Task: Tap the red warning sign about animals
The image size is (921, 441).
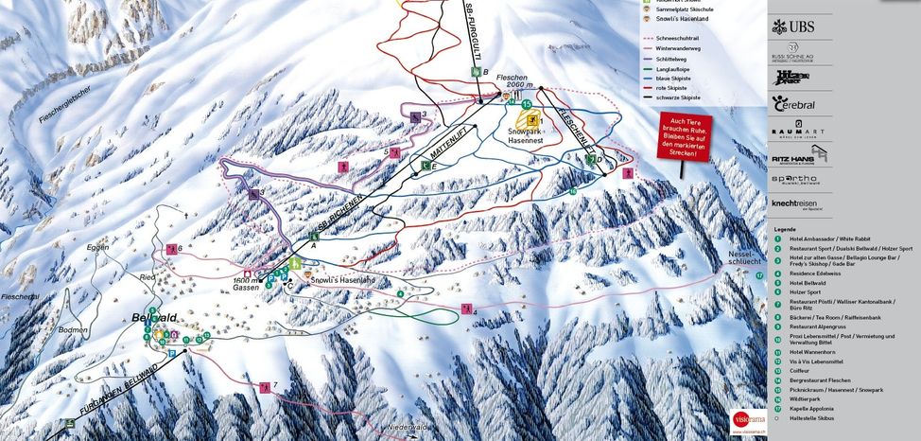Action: click(685, 140)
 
